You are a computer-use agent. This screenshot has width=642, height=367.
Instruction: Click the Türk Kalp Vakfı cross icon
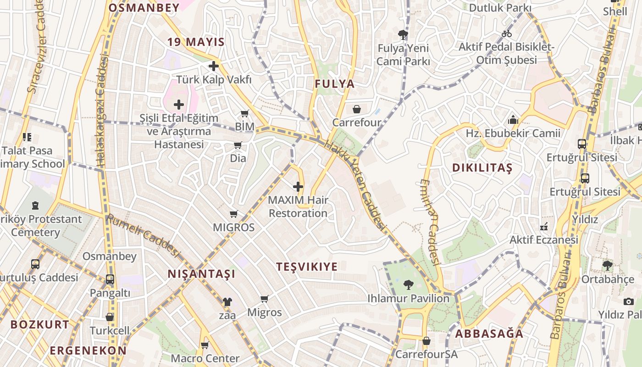213,66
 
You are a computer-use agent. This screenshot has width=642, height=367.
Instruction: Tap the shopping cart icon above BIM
245,113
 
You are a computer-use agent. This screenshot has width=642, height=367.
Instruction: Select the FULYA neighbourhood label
335,84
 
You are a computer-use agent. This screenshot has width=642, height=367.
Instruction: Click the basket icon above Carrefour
356,109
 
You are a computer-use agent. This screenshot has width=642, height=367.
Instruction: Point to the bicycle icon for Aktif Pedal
507,33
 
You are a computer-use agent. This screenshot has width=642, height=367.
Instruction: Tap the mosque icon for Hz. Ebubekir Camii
513,120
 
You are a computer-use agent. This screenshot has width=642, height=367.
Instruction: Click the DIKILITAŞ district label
482,168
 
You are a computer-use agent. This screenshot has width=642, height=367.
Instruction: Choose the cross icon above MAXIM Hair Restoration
298,187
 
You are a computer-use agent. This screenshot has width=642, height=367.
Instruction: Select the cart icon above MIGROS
233,214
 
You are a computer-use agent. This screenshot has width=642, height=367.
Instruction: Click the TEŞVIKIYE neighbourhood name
307,267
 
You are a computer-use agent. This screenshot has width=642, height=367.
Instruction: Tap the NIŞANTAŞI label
201,274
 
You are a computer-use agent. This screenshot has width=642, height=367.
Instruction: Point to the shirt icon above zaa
227,302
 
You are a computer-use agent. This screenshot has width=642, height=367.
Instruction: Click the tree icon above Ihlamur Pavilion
408,285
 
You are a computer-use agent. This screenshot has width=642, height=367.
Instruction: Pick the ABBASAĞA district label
489,334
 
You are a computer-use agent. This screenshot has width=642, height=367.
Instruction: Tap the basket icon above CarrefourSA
426,341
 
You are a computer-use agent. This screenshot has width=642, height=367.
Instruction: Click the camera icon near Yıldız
628,301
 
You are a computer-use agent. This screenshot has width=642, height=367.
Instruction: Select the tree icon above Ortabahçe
607,265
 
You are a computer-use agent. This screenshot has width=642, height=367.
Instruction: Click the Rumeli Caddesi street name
143,235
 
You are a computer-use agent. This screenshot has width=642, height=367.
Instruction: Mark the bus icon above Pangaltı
110,279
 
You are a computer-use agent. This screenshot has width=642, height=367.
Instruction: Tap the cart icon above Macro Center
205,345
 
